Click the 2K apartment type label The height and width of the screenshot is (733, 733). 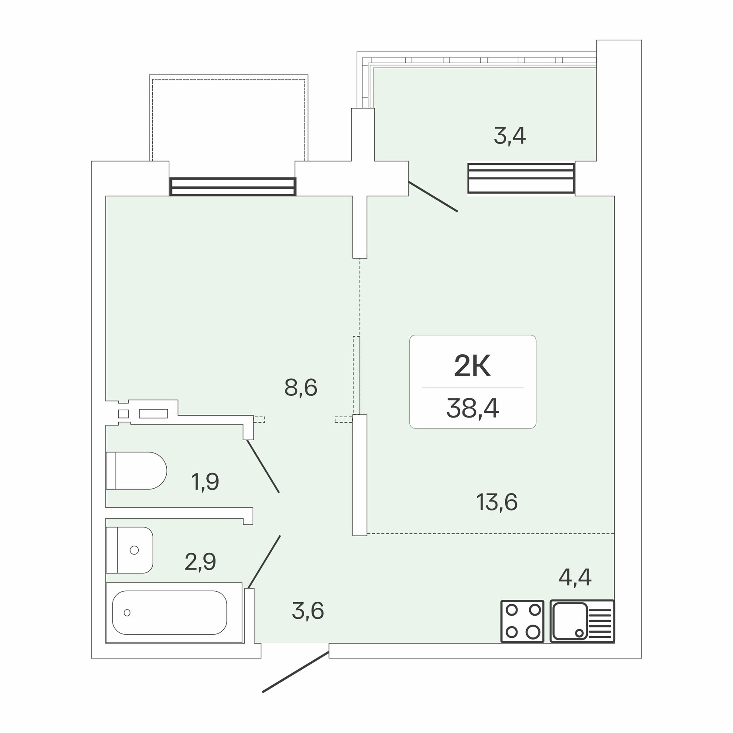click(x=473, y=366)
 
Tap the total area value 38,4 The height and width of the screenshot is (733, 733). click(x=473, y=410)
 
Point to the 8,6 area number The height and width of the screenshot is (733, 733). click(x=301, y=387)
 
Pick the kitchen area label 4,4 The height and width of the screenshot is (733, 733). click(x=575, y=577)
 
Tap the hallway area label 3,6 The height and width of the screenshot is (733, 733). click(x=308, y=610)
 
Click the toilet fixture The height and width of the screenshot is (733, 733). click(x=136, y=470)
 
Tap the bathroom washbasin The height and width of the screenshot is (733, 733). click(x=130, y=550)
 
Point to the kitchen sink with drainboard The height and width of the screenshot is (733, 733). click(x=582, y=621)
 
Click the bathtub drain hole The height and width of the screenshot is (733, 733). click(x=127, y=613)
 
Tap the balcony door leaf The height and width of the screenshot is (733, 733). click(x=433, y=197)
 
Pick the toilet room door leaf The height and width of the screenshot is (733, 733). click(x=263, y=466)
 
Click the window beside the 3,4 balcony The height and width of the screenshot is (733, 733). click(x=521, y=178)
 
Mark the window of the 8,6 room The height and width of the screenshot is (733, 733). click(x=233, y=186)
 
